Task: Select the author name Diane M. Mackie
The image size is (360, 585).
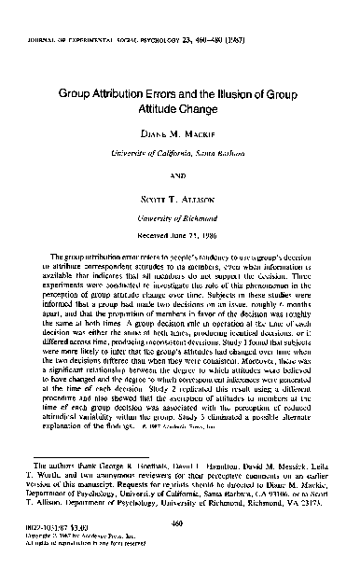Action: tap(180, 133)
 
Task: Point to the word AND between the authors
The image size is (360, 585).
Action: tap(180, 173)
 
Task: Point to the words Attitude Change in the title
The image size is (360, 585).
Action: tap(180, 109)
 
